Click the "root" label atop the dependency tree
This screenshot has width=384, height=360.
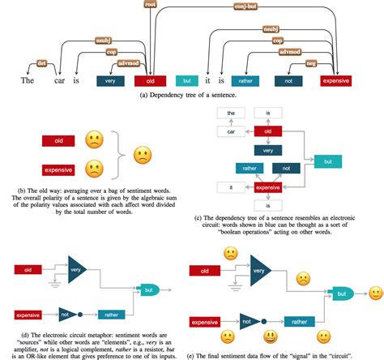[x=150, y=5]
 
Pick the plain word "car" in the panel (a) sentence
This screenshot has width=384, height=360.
[x=59, y=81]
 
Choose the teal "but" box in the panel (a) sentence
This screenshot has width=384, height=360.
[x=186, y=81]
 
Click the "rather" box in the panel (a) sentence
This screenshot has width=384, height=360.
[x=244, y=81]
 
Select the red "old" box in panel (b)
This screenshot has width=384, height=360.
[x=58, y=141]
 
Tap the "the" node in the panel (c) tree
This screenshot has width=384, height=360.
[x=230, y=114]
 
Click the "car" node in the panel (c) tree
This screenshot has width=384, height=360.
[x=230, y=131]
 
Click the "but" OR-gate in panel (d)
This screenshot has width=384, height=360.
[x=150, y=289]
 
